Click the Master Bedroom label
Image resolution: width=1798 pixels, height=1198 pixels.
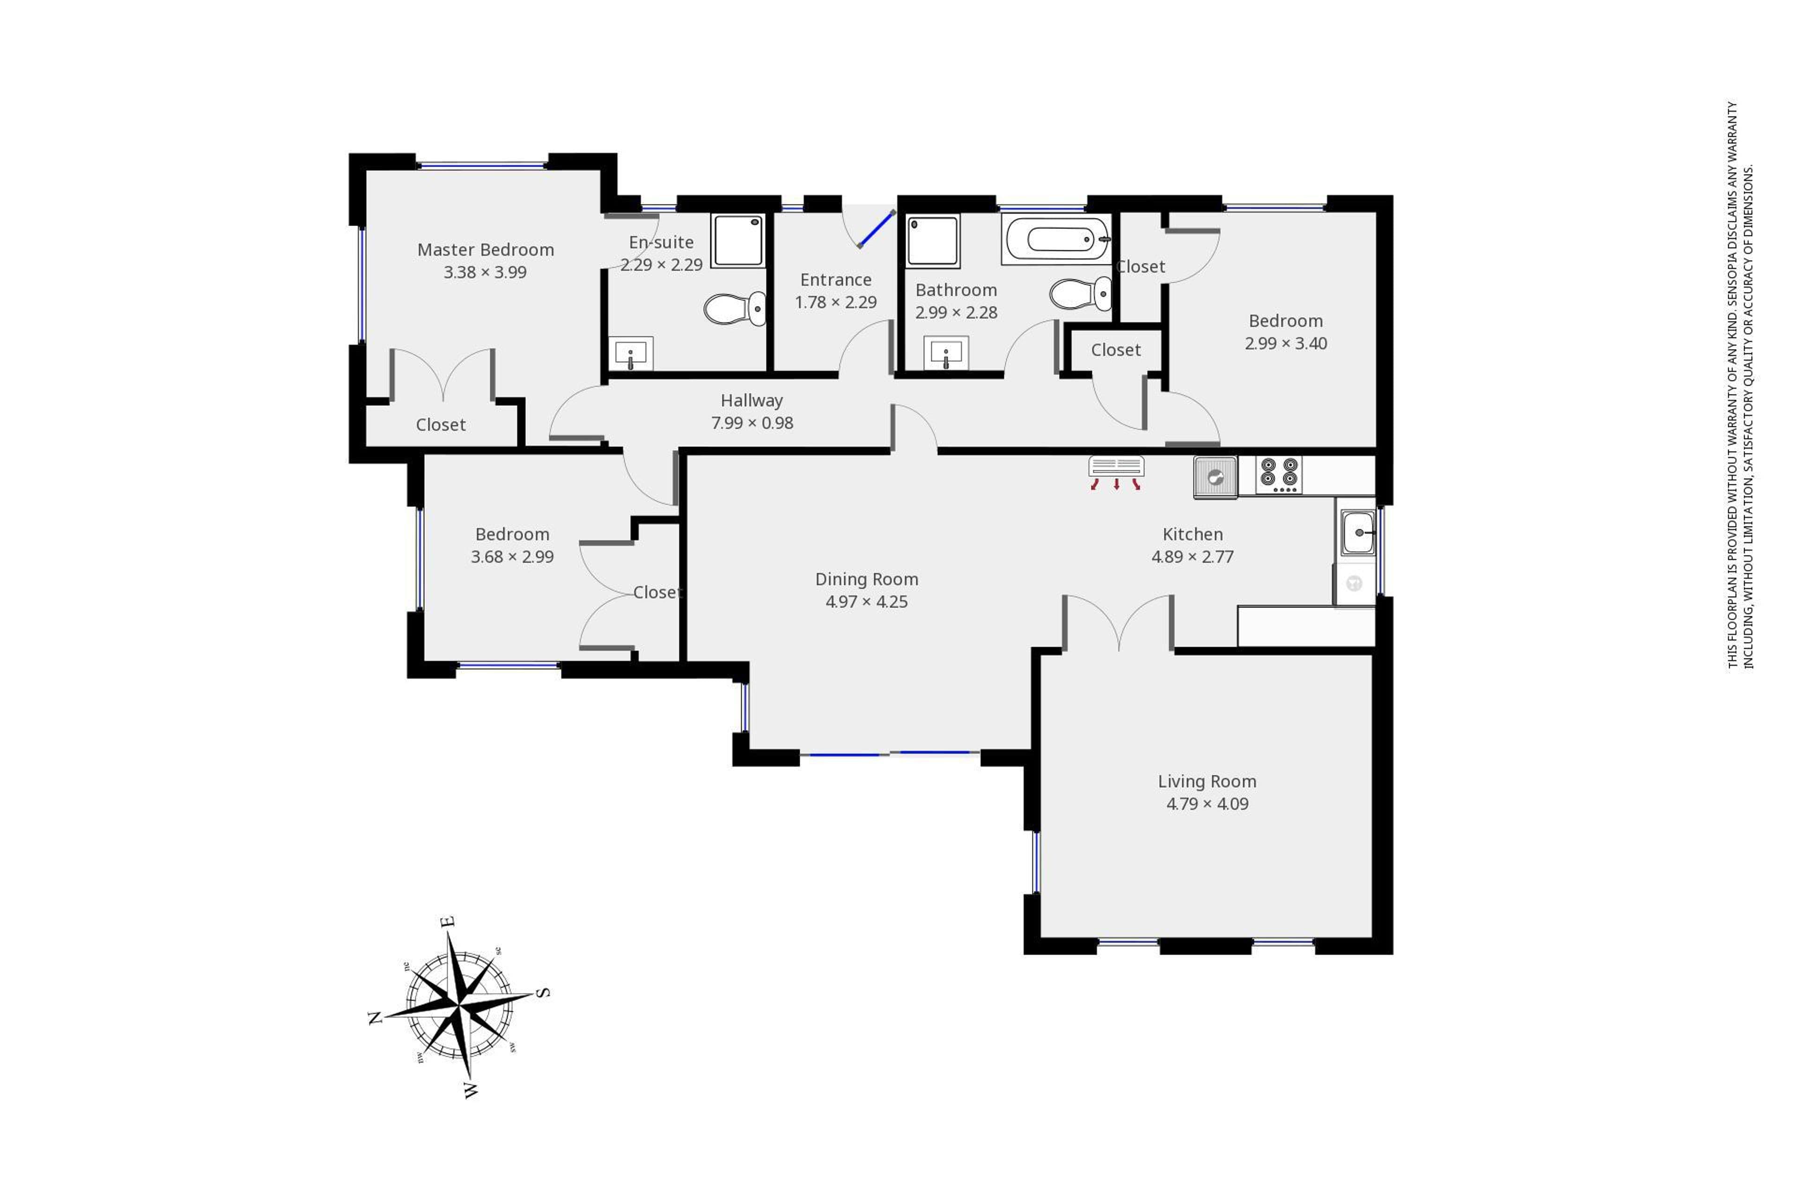coord(486,250)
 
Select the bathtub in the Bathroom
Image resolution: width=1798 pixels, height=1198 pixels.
coord(1056,240)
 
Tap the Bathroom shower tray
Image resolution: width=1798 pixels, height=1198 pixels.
coord(933,241)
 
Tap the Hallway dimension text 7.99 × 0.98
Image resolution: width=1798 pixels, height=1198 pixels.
coord(752,423)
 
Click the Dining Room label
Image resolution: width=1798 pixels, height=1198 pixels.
coord(867,579)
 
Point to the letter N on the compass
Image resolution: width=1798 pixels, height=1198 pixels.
coord(376,1018)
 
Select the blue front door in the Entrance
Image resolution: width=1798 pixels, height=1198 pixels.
coord(877,229)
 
